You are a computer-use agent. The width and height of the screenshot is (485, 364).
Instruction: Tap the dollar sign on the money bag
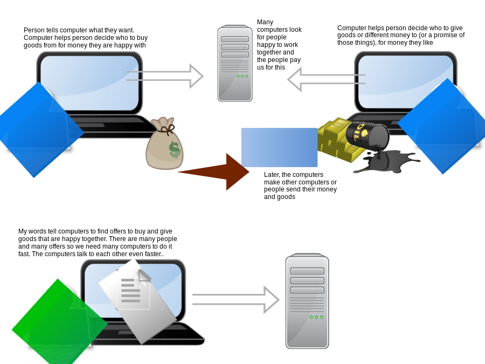[174, 149]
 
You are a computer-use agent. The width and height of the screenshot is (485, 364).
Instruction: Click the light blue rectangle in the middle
[279, 147]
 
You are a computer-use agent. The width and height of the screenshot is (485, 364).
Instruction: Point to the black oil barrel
[368, 134]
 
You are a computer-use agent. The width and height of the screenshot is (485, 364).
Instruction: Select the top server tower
[235, 63]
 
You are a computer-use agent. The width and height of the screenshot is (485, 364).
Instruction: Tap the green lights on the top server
[242, 76]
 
